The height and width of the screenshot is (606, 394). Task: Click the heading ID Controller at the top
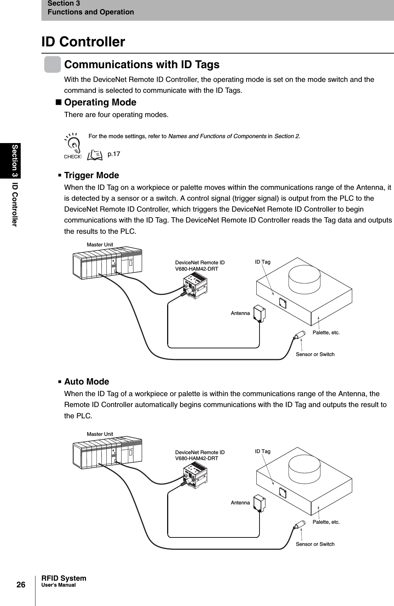[83, 42]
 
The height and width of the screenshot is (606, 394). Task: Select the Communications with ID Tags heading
[142, 65]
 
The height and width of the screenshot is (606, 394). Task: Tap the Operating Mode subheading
[100, 102]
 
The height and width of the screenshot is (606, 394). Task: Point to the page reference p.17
[113, 154]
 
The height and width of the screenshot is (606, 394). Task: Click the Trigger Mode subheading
[91, 175]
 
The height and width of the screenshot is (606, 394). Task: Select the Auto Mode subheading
[86, 381]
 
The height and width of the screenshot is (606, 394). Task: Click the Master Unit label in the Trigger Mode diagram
[100, 244]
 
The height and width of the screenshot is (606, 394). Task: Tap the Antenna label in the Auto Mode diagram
[240, 503]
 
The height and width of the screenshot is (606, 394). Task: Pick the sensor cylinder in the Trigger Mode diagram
[299, 335]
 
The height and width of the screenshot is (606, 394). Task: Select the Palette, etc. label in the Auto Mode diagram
[326, 522]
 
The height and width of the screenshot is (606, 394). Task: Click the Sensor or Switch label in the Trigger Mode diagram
[315, 354]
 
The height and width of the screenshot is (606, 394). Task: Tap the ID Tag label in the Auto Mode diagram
[262, 451]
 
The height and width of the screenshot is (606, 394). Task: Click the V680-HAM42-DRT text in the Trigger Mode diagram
[196, 269]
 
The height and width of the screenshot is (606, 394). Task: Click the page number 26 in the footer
[21, 585]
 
